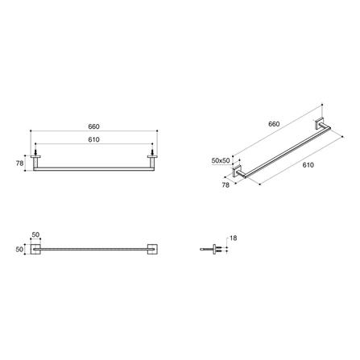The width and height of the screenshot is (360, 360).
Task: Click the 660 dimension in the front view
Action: (x=93, y=126)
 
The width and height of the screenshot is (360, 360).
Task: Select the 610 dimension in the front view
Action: (x=93, y=139)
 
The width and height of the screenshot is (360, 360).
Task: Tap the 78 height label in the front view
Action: (x=19, y=163)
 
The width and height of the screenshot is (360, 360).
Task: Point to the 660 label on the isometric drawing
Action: (x=274, y=124)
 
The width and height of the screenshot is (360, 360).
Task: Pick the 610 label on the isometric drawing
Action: (x=308, y=165)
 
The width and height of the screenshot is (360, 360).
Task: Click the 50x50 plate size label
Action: (x=221, y=161)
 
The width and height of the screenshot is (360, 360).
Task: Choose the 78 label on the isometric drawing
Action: (x=226, y=185)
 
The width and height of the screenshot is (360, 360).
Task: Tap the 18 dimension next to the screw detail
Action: (x=234, y=238)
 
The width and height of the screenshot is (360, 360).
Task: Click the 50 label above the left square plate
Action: (x=35, y=234)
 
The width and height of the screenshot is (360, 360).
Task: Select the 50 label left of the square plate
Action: (x=19, y=250)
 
